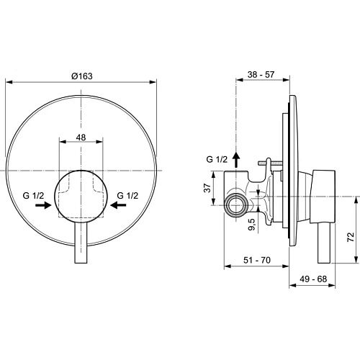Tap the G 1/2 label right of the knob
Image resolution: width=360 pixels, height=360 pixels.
pyautogui.click(x=127, y=195)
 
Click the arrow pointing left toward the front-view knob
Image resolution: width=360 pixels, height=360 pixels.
pyautogui.click(x=117, y=205)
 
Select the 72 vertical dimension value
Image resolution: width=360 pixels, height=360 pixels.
pyautogui.click(x=351, y=236)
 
